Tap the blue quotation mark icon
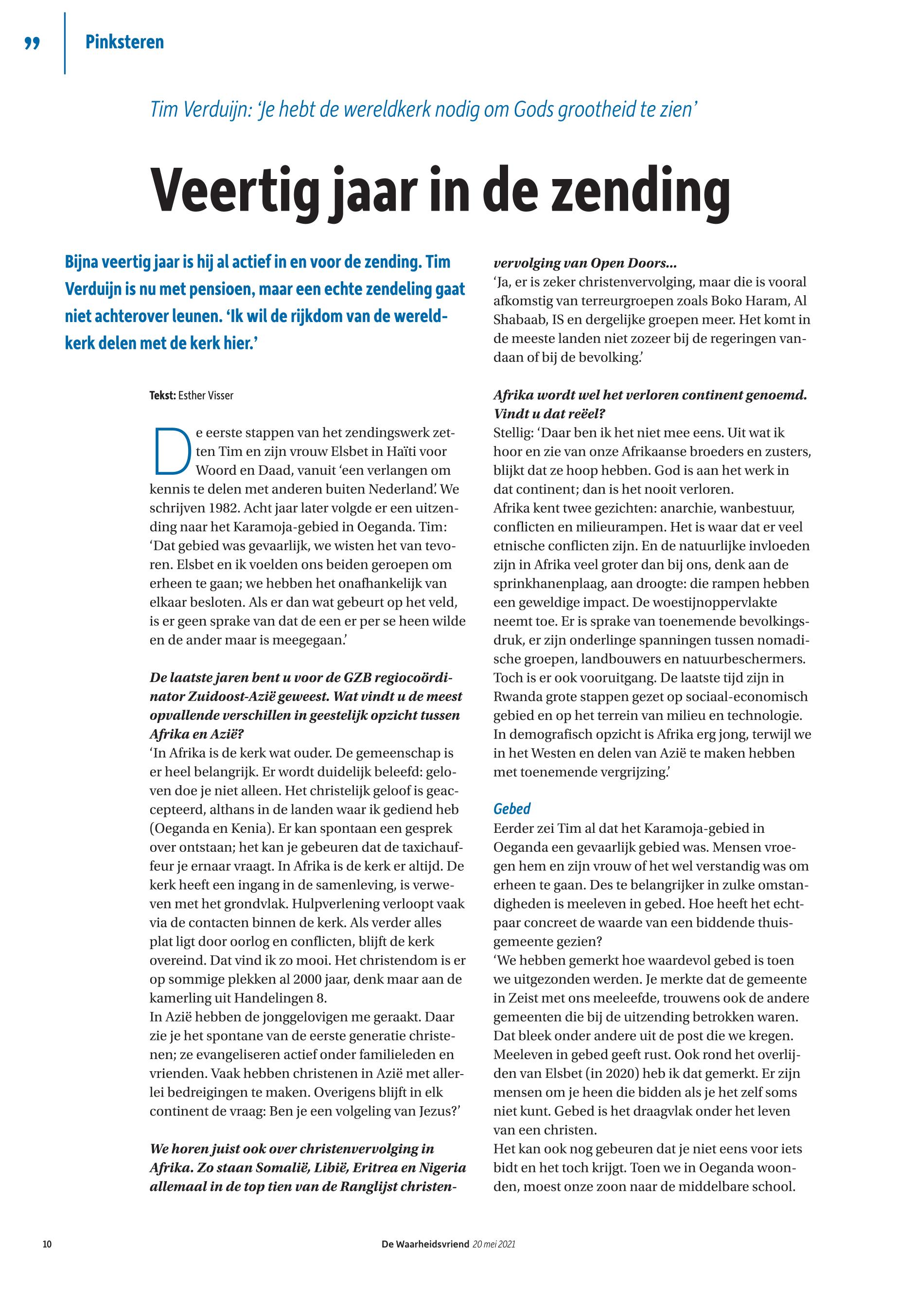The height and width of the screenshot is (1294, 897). [33, 43]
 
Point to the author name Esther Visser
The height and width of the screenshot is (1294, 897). [205, 395]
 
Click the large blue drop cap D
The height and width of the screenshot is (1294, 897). [170, 451]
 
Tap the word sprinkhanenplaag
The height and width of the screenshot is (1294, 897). [562, 583]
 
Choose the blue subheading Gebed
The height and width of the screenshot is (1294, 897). [511, 809]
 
